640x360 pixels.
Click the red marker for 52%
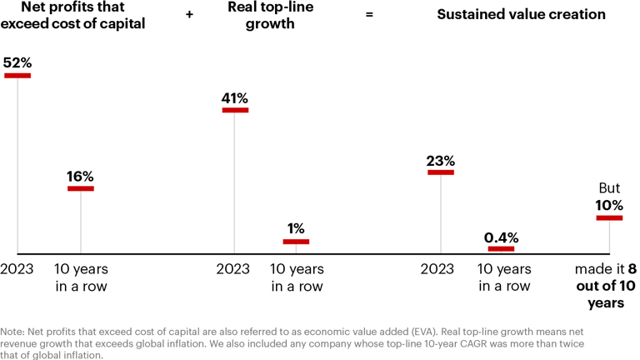click(x=17, y=76)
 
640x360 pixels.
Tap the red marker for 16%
click(x=81, y=188)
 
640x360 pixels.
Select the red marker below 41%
click(x=234, y=110)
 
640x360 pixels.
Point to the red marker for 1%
click(x=296, y=242)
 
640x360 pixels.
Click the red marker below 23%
click(x=441, y=172)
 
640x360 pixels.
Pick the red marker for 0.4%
click(x=502, y=248)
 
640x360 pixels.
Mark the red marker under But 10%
click(x=609, y=218)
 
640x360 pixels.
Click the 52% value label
click(x=17, y=62)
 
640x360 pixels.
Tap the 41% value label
click(x=234, y=97)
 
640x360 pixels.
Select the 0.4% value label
click(x=502, y=236)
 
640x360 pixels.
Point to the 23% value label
click(x=441, y=160)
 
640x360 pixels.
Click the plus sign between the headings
click(x=190, y=15)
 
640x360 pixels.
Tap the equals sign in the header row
click(x=369, y=15)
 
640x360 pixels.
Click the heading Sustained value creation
click(x=521, y=15)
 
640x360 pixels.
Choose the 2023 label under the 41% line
click(x=233, y=269)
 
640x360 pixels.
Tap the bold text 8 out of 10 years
click(x=608, y=287)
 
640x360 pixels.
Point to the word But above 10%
click(x=609, y=188)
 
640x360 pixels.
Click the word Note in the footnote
click(x=14, y=332)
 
